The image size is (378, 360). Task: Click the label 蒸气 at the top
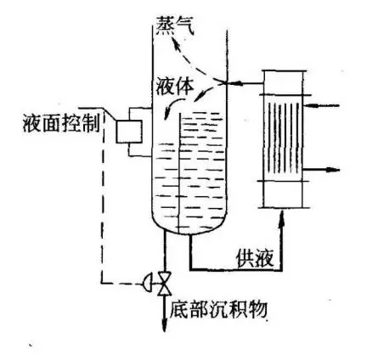175,25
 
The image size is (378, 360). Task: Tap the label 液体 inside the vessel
175,86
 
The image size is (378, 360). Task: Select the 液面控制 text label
61,123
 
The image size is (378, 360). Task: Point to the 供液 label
256,258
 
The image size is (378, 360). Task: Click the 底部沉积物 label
218,310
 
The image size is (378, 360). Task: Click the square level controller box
129,132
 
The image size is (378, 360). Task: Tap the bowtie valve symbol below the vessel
164,284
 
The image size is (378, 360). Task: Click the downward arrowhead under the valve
164,326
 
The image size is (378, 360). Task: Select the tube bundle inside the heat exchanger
283,138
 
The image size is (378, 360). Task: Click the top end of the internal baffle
180,114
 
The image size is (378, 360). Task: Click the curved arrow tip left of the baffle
166,117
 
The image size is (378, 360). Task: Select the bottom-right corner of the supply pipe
281,270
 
